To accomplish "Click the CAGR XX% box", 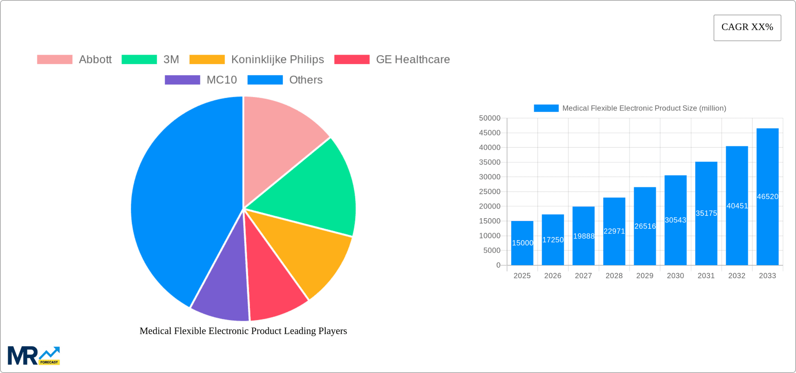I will pyautogui.click(x=747, y=28).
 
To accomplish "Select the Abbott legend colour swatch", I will pyautogui.click(x=55, y=60).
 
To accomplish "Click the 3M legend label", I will pyautogui.click(x=171, y=60).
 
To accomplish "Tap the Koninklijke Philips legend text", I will pyautogui.click(x=277, y=60).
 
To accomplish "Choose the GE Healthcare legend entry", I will pyautogui.click(x=413, y=60).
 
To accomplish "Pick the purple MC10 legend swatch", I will pyautogui.click(x=182, y=80).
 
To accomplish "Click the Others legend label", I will pyautogui.click(x=306, y=80).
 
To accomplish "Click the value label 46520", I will pyautogui.click(x=767, y=197).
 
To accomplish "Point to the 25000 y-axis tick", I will pyautogui.click(x=490, y=192).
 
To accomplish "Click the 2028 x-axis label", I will pyautogui.click(x=614, y=276).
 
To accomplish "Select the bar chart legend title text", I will pyautogui.click(x=644, y=108).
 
